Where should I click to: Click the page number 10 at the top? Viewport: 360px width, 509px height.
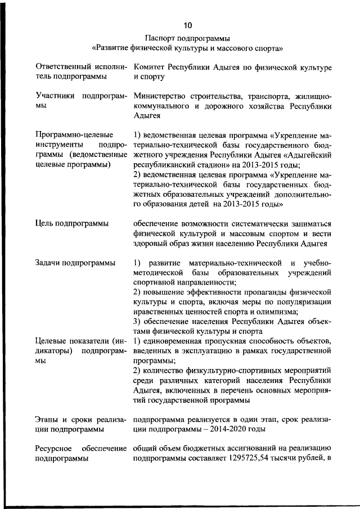point(187,25)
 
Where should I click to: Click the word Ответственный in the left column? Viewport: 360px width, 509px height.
point(61,67)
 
